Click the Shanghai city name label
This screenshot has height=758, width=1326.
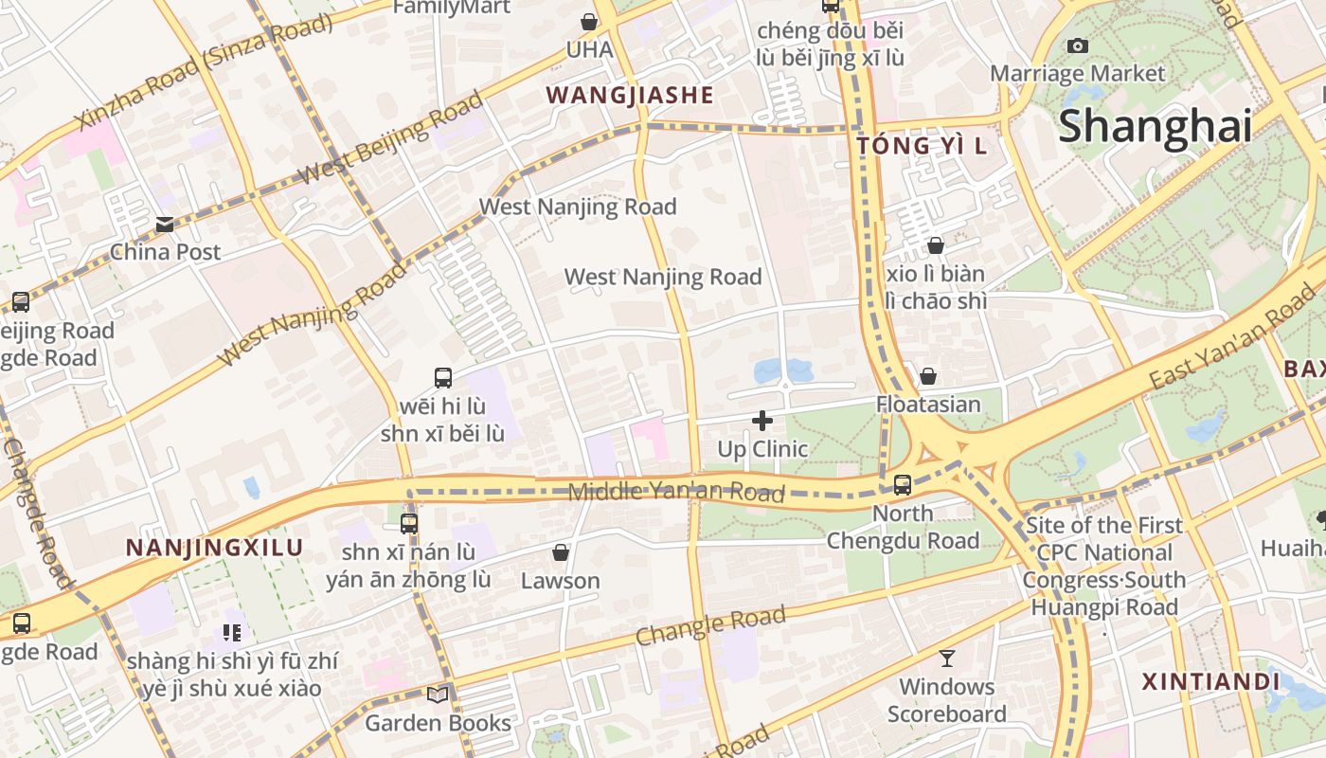(1155, 126)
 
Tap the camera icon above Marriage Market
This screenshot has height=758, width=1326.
(1077, 45)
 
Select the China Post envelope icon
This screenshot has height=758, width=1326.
(165, 225)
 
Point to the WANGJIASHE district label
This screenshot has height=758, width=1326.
(630, 95)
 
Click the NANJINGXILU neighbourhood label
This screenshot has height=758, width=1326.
(214, 548)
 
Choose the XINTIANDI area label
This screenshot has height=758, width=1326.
(1210, 682)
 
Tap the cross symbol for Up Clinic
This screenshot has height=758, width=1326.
(762, 421)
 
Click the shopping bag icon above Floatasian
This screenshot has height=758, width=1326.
(928, 376)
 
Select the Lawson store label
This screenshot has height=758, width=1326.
(561, 581)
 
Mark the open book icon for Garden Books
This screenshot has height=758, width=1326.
(437, 695)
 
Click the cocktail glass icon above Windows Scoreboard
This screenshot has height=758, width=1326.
(946, 658)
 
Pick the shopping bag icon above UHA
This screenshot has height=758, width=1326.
(589, 21)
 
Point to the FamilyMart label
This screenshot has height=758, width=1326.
(452, 8)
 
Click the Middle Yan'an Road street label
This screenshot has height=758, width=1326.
(676, 491)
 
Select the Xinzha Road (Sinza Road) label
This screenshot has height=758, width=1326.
(205, 70)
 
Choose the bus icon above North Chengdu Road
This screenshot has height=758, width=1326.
(903, 485)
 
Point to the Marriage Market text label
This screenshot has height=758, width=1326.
(1077, 73)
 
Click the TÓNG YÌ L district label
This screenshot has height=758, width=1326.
(922, 145)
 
